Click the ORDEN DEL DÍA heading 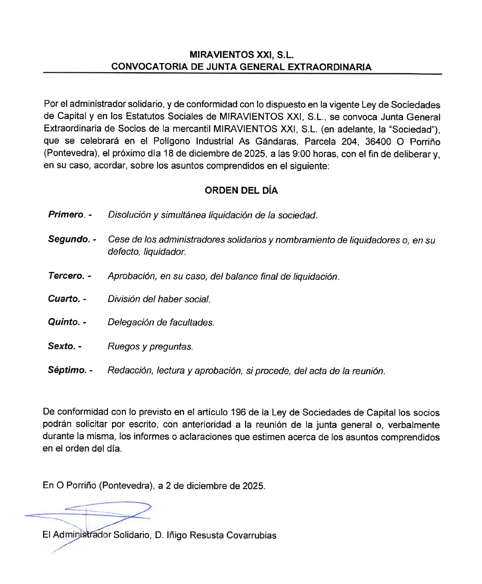(x=241, y=191)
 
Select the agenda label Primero (x=66, y=215)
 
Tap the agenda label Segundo (x=69, y=239)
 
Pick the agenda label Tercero (x=66, y=276)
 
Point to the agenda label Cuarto (x=64, y=299)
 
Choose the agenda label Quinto (x=64, y=322)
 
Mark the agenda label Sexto (x=61, y=346)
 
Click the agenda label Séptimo (x=67, y=370)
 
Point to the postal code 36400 (x=378, y=142)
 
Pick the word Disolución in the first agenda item (x=129, y=215)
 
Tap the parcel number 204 (x=350, y=142)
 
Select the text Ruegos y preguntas (x=150, y=347)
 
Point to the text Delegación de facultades (x=161, y=323)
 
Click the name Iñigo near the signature (x=177, y=535)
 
